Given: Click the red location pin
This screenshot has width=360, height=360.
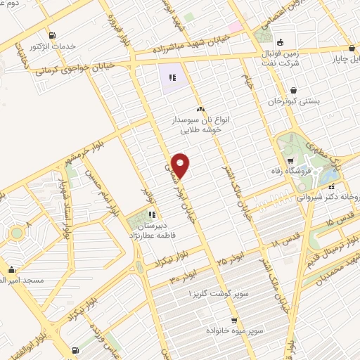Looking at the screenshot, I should [181, 165].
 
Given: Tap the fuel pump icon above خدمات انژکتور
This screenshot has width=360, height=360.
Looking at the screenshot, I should [51, 36].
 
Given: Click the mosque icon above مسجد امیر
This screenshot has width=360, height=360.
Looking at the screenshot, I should [12, 269].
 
